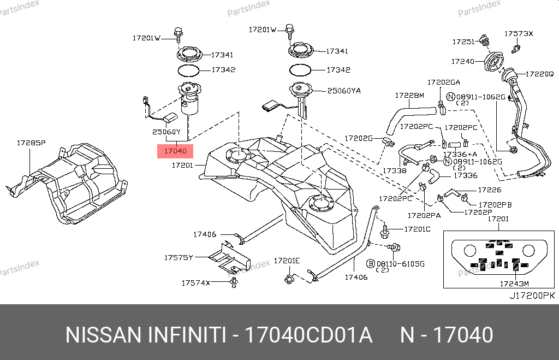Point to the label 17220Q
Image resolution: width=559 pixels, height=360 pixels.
tap(539, 73)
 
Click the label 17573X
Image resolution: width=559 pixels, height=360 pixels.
tap(518, 33)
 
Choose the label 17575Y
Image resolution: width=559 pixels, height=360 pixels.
tap(179, 257)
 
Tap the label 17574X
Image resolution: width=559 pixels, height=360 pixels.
tap(195, 283)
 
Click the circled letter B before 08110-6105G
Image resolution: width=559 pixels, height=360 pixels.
tap(370, 263)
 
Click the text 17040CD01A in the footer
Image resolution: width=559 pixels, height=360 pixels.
tap(308, 335)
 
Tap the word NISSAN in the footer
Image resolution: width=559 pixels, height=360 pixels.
tap(102, 335)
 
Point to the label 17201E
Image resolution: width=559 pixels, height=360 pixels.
tap(287, 261)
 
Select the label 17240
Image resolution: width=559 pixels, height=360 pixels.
tap(462, 62)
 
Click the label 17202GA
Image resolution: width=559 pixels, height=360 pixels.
tap(443, 82)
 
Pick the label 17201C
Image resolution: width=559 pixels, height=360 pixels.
tap(417, 229)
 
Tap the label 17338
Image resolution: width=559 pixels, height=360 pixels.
tap(394, 171)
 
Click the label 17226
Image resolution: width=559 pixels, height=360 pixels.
tap(489, 190)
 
